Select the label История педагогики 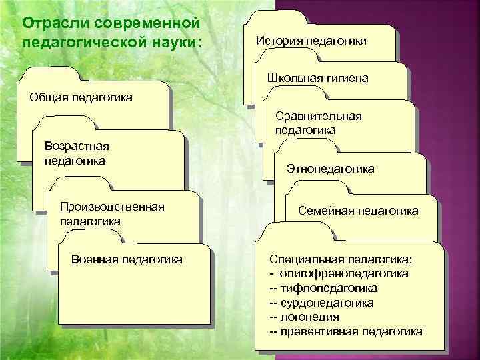point(311,41)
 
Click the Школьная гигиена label point(317,78)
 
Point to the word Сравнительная point(318,117)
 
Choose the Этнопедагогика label point(331,169)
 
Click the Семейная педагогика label point(358,211)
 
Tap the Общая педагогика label point(81,98)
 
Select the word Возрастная point(76,147)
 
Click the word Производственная point(112,207)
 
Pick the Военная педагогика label point(126,259)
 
